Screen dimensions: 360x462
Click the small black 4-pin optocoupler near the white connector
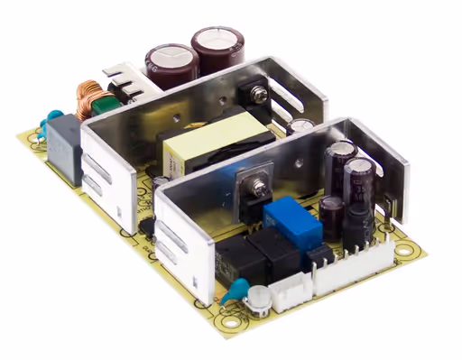(318, 256)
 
